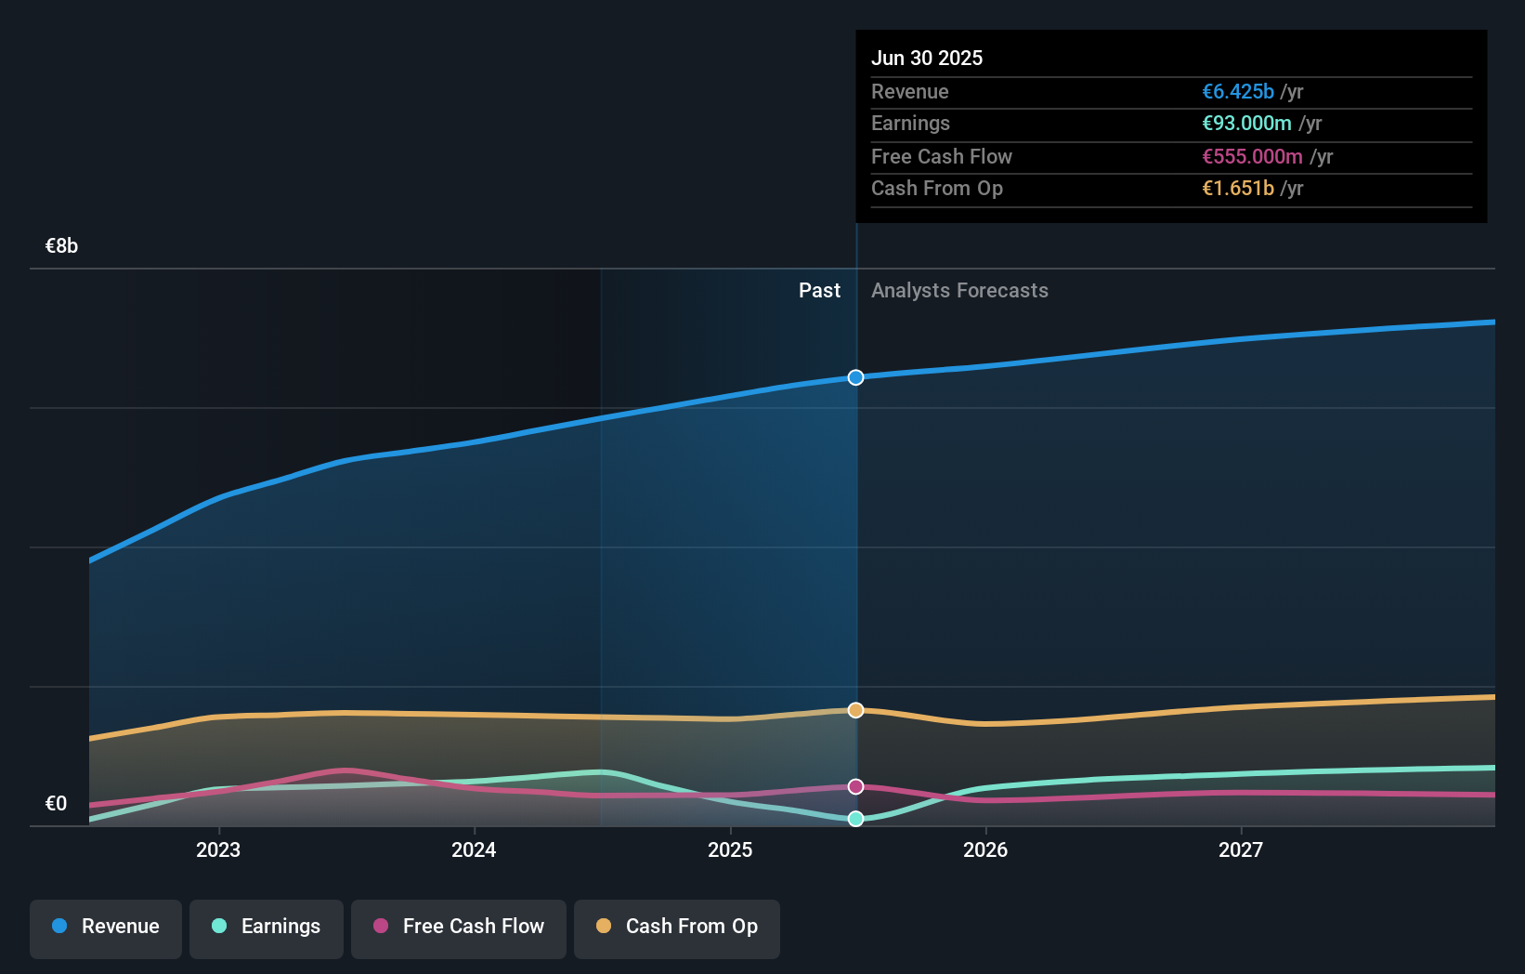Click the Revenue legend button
coord(106,927)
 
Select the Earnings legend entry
coord(267,927)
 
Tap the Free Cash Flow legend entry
coord(459,927)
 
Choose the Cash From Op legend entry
coord(677,927)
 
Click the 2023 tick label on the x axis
coord(218,849)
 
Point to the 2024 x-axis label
coord(474,849)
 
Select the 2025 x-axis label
coord(730,849)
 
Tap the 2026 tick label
coord(985,849)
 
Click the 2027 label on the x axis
coord(1241,849)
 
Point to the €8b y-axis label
coord(61,246)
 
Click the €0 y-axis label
coord(56,804)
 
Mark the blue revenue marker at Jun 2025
coord(855,377)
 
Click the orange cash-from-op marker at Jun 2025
coord(855,710)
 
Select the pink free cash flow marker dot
coord(855,786)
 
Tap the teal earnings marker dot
coord(855,819)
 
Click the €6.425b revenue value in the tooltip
coord(1238,92)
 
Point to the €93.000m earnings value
coord(1246,124)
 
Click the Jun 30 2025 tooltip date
coord(927,59)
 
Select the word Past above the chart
coord(819,291)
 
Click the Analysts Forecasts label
coord(959,291)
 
